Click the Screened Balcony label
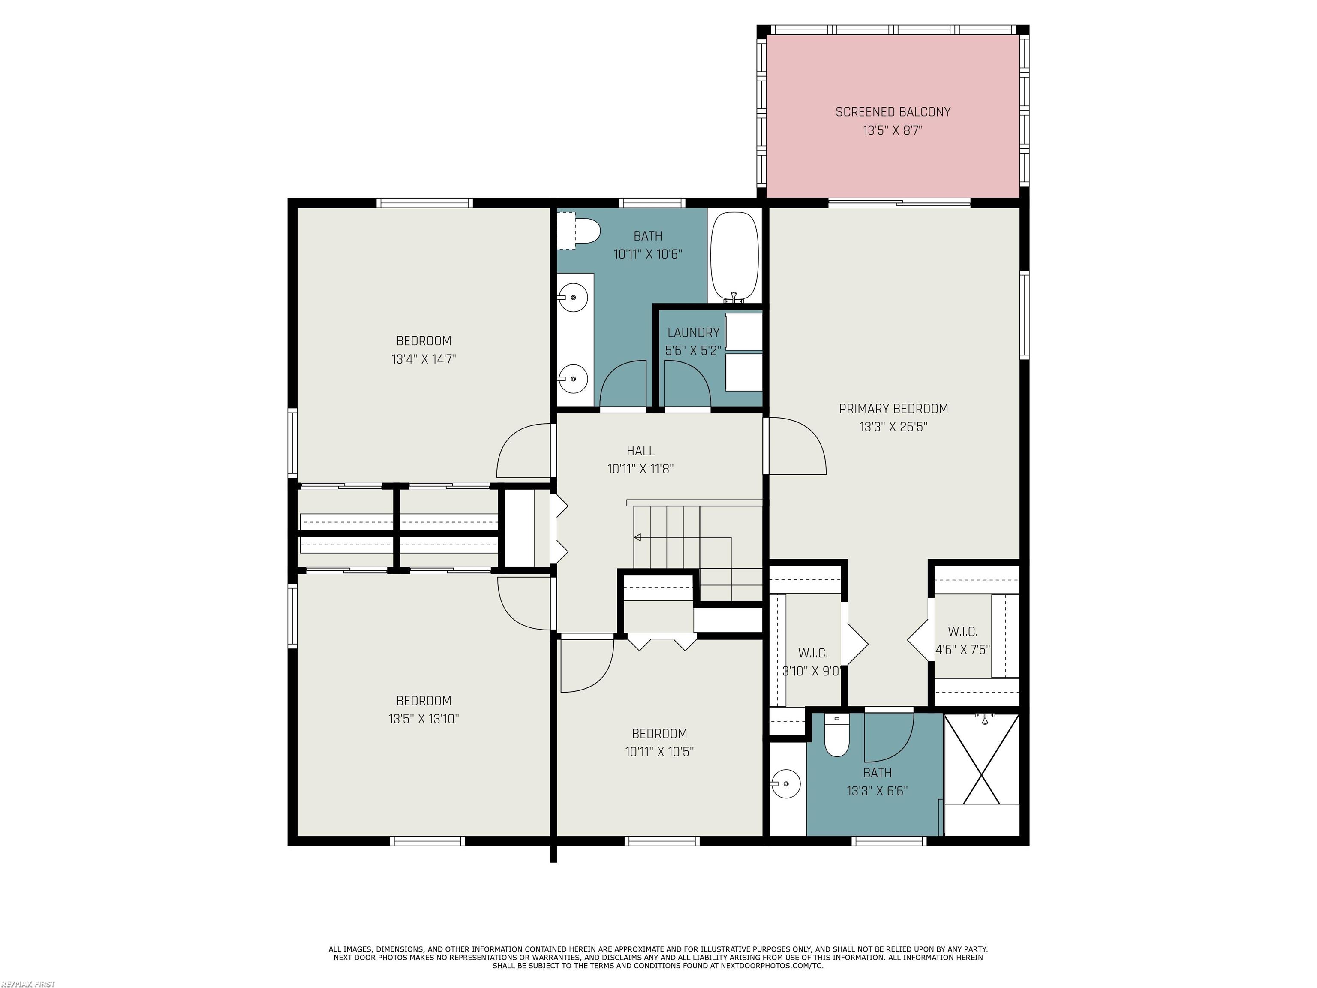[893, 112]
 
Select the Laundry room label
[693, 333]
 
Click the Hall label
[640, 451]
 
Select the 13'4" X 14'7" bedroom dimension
[423, 359]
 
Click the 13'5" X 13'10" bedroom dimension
[423, 719]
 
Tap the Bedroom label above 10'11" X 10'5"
[659, 734]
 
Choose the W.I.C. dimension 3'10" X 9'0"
[811, 671]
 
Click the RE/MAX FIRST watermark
[28, 984]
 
